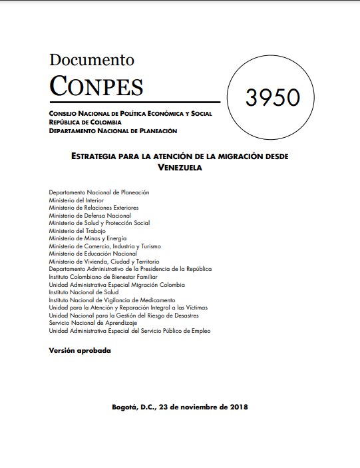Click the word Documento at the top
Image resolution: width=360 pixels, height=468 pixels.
[x=91, y=60]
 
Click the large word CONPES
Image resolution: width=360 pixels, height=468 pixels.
[x=96, y=86]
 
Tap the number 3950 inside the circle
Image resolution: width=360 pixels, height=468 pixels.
[x=272, y=98]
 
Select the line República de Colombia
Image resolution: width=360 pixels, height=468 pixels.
[x=85, y=122]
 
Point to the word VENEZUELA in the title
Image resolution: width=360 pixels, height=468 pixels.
[x=180, y=167]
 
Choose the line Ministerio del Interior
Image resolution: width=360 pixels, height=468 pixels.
[x=76, y=200]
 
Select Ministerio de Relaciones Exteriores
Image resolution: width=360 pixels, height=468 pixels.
[x=94, y=208]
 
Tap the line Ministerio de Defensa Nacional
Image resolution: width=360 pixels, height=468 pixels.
[x=90, y=216]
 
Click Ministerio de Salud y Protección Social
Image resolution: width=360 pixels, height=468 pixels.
[x=99, y=223]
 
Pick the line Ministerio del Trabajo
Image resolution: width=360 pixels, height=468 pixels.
[x=77, y=231]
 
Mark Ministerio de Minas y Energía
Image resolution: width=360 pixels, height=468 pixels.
[x=87, y=238]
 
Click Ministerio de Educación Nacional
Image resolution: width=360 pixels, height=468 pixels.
[x=92, y=254]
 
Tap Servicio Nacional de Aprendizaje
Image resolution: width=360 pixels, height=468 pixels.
[x=92, y=323]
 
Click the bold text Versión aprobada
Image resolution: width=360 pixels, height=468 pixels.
[x=80, y=350]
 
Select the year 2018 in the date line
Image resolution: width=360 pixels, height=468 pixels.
[x=236, y=407]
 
